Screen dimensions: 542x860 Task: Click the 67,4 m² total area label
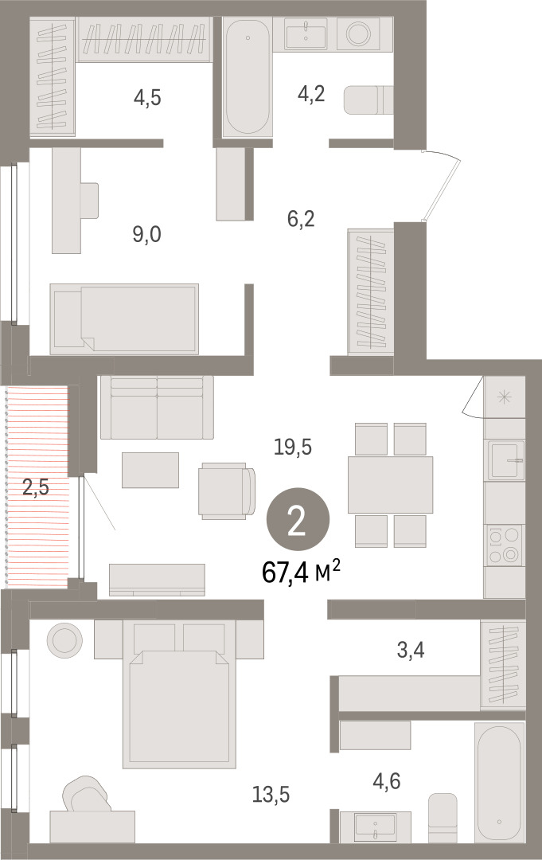[302, 573]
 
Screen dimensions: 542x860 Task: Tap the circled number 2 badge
[298, 520]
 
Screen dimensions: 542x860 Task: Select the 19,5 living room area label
[293, 447]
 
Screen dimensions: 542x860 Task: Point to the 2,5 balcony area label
[36, 487]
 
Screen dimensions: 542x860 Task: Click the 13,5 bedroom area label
[271, 794]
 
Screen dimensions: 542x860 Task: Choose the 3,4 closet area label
[411, 650]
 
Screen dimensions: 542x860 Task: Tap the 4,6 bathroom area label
[386, 780]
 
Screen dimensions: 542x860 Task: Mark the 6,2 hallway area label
[301, 219]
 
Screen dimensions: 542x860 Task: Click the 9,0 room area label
[147, 235]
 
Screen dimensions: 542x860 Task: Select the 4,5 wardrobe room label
[147, 98]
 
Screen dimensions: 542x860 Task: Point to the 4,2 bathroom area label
[311, 94]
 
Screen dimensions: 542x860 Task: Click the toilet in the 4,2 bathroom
[368, 100]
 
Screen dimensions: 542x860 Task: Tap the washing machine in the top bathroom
[358, 33]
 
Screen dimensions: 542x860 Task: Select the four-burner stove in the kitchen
[504, 545]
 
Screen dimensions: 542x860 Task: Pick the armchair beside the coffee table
[227, 491]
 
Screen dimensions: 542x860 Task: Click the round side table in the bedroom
[64, 639]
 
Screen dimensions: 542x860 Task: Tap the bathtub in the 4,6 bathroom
[499, 783]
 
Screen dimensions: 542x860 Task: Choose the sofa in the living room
[157, 407]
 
